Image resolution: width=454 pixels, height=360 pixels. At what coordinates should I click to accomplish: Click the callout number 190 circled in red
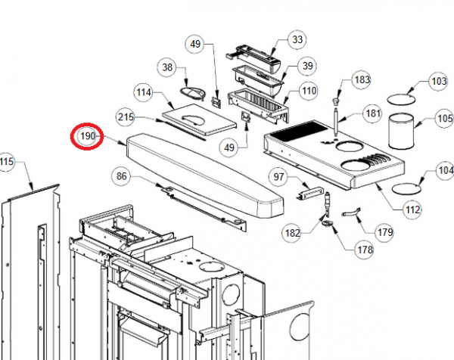coord(88,136)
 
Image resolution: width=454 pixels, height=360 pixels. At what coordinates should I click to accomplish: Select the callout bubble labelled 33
coord(297,39)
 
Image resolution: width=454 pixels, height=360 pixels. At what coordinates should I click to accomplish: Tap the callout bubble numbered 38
coord(167,67)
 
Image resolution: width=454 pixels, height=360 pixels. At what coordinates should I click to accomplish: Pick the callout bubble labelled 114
coord(144,92)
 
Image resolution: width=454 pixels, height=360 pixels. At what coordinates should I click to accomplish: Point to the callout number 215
coord(126,117)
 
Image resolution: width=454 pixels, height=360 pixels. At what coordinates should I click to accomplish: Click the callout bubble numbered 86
coord(122,176)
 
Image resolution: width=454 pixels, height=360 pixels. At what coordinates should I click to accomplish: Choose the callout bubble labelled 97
coord(278,177)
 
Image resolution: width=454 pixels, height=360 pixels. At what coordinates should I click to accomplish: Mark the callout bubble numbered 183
coord(362,80)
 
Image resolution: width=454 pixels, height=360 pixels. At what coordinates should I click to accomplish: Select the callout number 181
coord(373,113)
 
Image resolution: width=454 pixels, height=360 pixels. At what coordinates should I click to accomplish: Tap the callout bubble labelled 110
coord(309,91)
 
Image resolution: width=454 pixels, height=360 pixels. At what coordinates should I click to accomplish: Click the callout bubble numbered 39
coord(307,66)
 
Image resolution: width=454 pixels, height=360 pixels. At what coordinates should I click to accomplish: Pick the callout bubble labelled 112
coord(412,209)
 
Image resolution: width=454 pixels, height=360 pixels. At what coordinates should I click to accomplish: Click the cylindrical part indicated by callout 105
coord(401,132)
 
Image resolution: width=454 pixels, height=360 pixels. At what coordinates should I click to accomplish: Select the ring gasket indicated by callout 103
coord(401,99)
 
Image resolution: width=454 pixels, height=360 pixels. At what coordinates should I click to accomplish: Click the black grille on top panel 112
coord(298,131)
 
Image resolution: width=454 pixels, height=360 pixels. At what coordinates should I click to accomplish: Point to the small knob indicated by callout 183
coord(336,101)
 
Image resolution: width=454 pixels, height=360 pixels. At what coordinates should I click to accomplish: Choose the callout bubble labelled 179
coord(385,232)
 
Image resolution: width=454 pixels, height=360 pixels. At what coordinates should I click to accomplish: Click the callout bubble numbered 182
coord(292,233)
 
